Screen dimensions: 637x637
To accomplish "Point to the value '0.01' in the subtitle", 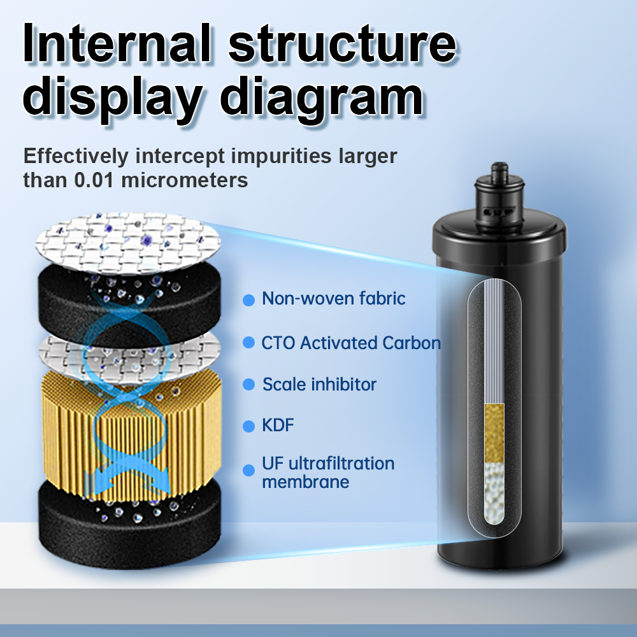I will pos(95,180).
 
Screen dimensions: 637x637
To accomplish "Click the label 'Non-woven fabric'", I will pos(333,298).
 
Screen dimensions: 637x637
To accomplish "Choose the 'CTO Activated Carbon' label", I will pos(351,343).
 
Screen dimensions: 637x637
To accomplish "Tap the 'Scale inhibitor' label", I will pos(319,385).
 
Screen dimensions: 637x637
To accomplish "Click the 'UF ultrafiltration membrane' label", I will pos(328,472).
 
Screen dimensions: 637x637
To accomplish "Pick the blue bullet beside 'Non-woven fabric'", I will pos(248,299).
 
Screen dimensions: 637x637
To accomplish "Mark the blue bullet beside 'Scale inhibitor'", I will pos(248,385).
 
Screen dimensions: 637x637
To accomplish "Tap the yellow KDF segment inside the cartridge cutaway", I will pos(494,432).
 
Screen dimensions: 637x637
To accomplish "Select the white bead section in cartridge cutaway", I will pos(494,490).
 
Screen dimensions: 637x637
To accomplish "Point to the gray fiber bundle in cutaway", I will pos(494,344).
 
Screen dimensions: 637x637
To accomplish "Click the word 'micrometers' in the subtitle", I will pos(184,180).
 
